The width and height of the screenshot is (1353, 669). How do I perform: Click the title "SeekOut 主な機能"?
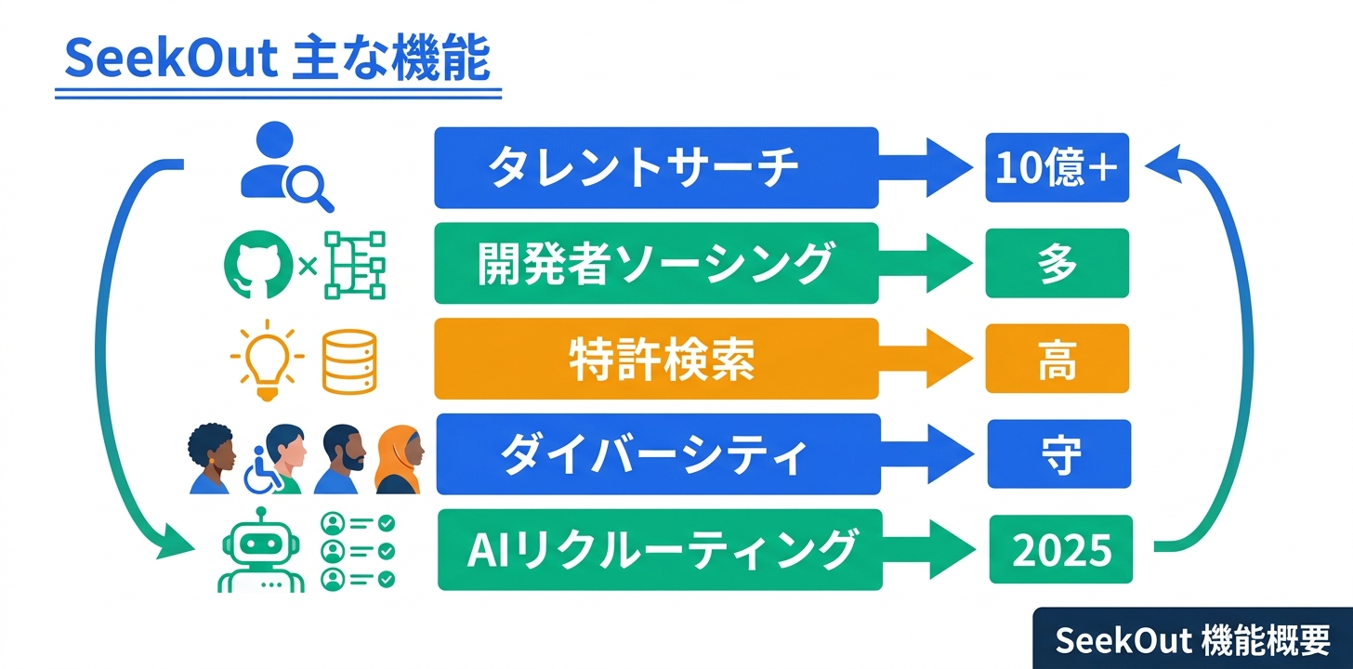(x=277, y=61)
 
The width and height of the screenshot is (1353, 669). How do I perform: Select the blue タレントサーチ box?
(x=655, y=168)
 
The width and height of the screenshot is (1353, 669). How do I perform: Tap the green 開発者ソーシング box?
(x=655, y=264)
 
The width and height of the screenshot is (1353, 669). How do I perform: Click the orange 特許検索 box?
(x=655, y=360)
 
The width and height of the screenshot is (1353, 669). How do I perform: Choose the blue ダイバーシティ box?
(x=655, y=454)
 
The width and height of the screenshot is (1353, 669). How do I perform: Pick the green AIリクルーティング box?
(x=658, y=550)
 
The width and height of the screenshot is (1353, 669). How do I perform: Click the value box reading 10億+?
(x=1057, y=168)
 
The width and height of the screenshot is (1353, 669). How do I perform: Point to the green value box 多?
(x=1057, y=264)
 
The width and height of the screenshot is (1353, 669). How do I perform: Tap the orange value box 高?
(x=1057, y=360)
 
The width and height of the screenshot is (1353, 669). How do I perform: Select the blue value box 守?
(x=1058, y=454)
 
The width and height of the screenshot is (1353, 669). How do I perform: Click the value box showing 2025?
(x=1060, y=550)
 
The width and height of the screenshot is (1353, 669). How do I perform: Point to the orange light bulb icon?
(x=266, y=361)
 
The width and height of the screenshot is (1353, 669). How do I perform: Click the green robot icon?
(x=261, y=552)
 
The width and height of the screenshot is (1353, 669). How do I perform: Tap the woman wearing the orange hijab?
(x=400, y=460)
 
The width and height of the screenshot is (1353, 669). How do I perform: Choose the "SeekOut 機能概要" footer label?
(x=1192, y=639)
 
